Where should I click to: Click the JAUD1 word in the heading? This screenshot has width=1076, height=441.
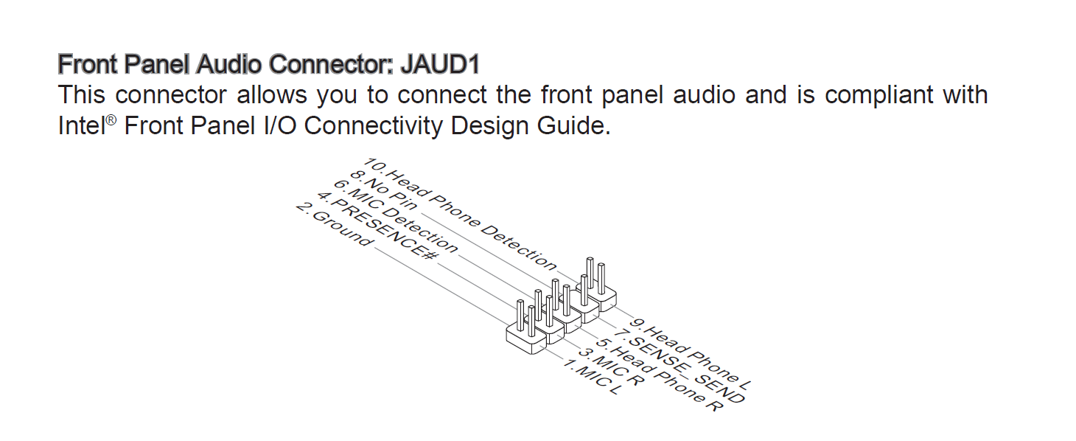439,65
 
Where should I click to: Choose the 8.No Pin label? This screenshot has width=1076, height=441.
383,191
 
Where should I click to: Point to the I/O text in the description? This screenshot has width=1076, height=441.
279,126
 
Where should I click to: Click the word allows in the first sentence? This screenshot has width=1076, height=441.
272,96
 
